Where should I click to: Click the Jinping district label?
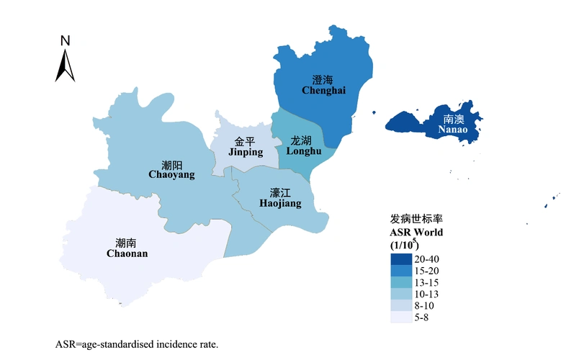tap(246, 147)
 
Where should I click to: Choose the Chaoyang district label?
tap(171, 170)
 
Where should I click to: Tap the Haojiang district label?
tap(280, 199)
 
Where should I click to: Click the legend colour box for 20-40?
tap(400, 258)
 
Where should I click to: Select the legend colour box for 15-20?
tap(400, 270)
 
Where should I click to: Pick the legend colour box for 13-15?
tap(400, 282)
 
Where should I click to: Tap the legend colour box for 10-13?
tap(400, 294)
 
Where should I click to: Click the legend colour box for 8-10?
tap(400, 306)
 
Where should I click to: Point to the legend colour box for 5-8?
tap(400, 318)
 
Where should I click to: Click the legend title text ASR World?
tap(416, 233)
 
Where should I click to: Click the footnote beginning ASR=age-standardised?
tap(136, 344)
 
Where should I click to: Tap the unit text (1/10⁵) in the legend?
tap(404, 246)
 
